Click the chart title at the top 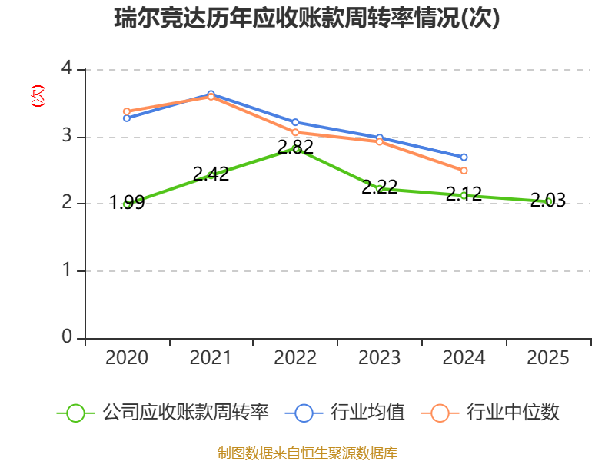(307, 18)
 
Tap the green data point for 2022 (295, 148)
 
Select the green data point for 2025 (548, 201)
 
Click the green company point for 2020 (127, 204)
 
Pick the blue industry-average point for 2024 (464, 157)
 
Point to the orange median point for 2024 (464, 171)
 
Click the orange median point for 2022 (295, 133)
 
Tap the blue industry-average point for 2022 (295, 122)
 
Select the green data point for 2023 (379, 188)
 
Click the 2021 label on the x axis (211, 358)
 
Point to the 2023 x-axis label (379, 358)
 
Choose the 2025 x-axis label (548, 358)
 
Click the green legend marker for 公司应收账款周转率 (75, 413)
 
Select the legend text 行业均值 (367, 413)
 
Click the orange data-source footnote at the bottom (307, 453)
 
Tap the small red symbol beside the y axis (37, 97)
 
